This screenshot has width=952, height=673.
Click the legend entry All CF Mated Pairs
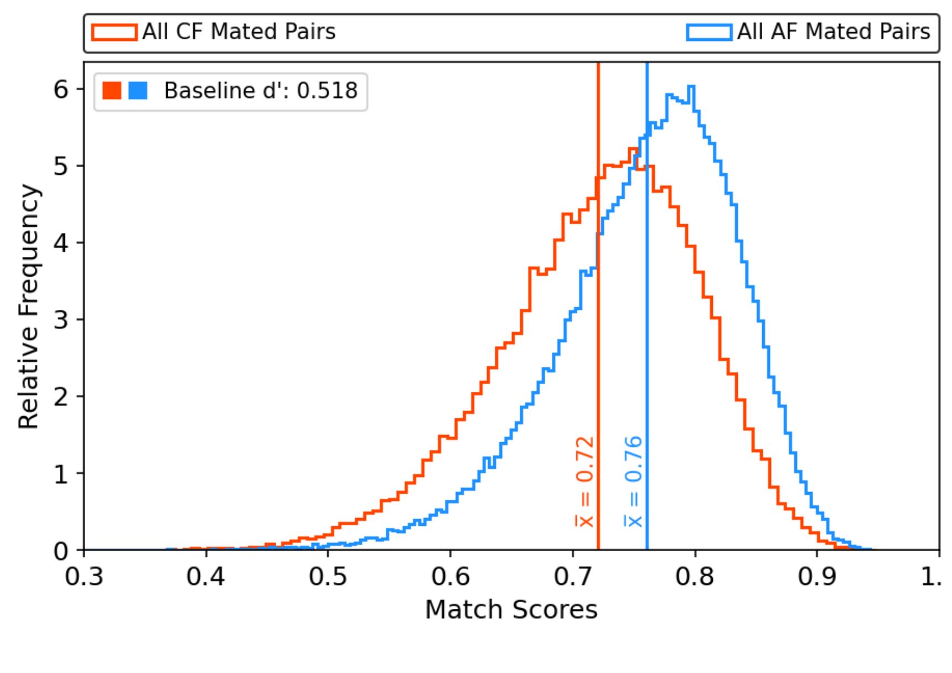238,32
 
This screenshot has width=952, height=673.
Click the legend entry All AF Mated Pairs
833,32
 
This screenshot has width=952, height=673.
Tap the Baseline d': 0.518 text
261,91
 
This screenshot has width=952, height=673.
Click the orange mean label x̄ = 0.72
584,482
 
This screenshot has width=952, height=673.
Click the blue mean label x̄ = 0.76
634,482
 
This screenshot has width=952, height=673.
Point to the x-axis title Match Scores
511,610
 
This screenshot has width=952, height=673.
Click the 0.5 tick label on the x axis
328,577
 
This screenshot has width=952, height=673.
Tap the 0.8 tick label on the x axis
695,577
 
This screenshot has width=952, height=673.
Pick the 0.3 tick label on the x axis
84,577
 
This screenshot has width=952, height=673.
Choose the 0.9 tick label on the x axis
817,577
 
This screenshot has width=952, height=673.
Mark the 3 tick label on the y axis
61,320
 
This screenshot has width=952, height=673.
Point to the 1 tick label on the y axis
61,474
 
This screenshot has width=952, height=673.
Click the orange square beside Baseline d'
112,90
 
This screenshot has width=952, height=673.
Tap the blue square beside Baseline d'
138,90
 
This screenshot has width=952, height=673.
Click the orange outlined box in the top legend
115,32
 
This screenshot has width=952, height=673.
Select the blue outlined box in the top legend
709,32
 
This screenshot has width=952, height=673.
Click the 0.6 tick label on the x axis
451,577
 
